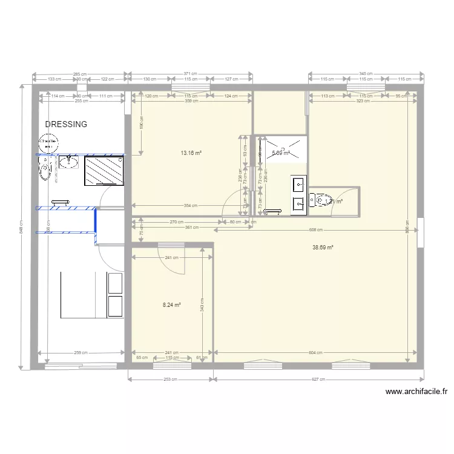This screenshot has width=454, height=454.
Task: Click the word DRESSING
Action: [66, 124]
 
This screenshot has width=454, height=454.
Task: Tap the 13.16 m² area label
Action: [191, 153]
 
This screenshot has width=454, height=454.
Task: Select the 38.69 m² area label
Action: [323, 247]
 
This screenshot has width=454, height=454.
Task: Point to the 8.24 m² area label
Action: [172, 305]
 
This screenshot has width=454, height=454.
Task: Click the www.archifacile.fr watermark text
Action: [416, 392]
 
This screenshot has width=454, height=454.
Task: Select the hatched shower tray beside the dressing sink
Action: [104, 169]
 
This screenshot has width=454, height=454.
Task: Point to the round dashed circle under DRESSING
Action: [48, 143]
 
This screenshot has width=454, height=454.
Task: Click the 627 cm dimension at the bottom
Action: [318, 380]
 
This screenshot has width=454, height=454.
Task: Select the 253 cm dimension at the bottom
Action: [171, 380]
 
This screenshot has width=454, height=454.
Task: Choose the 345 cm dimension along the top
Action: [365, 73]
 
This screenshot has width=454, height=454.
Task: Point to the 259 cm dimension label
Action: [81, 353]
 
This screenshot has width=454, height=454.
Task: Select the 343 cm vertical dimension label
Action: [202, 308]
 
